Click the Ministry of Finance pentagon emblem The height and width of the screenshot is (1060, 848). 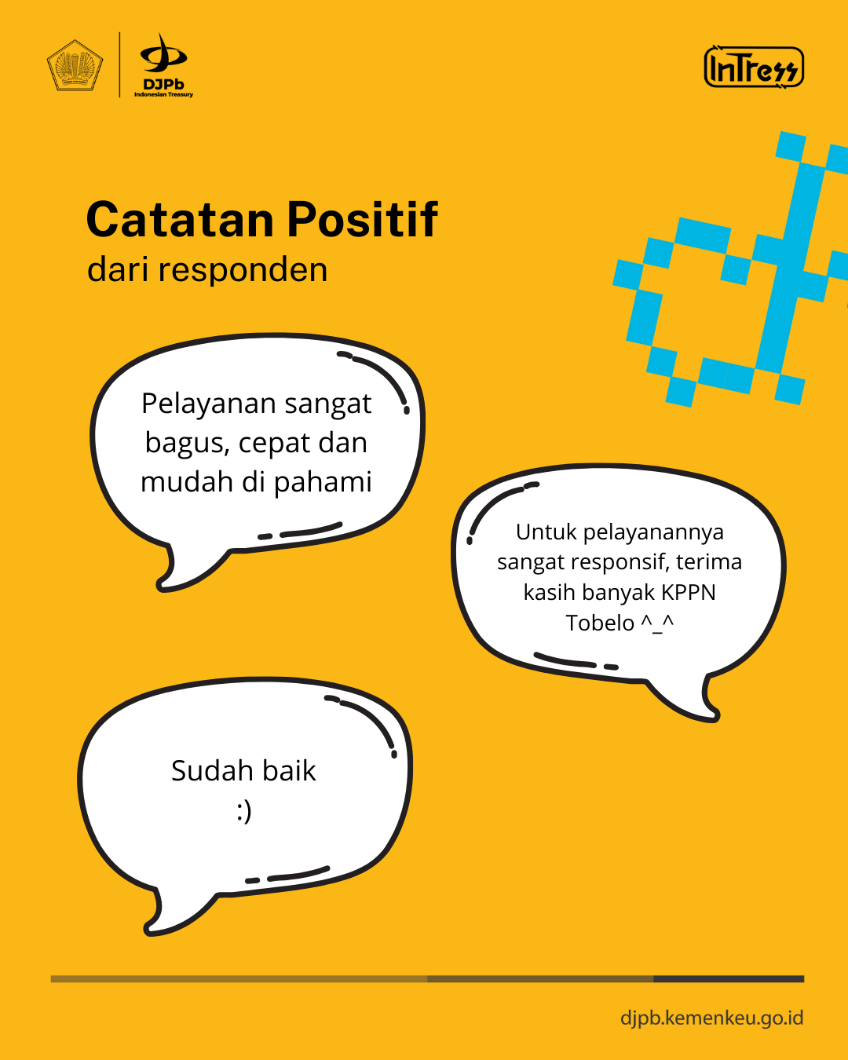[75, 65]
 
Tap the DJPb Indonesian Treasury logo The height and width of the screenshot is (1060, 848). [163, 65]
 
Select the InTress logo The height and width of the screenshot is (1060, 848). [754, 68]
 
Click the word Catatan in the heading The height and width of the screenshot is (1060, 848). [180, 220]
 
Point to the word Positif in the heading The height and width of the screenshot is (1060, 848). [362, 219]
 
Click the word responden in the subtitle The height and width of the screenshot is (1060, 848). [243, 270]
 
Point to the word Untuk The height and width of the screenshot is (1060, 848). [546, 532]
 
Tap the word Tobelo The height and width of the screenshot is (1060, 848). [600, 623]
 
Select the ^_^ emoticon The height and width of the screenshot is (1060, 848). [657, 624]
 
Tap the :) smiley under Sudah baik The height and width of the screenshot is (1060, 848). [244, 812]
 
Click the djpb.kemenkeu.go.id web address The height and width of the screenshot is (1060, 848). [712, 1018]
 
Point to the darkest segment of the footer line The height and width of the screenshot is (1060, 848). [729, 979]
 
